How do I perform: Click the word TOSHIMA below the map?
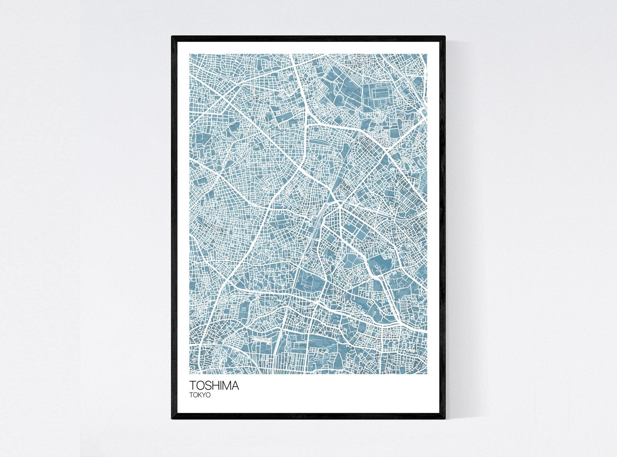pyautogui.click(x=214, y=385)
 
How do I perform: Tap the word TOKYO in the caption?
pyautogui.click(x=200, y=395)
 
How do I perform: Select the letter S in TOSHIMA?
pyautogui.click(x=209, y=385)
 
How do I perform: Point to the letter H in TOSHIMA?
pyautogui.click(x=216, y=385)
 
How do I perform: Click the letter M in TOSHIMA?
pyautogui.click(x=227, y=385)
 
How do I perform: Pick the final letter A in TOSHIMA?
pyautogui.click(x=235, y=385)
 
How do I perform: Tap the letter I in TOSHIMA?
pyautogui.click(x=221, y=385)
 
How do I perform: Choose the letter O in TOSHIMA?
pyautogui.click(x=200, y=385)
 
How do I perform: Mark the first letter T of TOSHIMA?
pyautogui.click(x=193, y=385)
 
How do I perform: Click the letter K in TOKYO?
pyautogui.click(x=200, y=395)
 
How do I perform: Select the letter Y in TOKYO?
pyautogui.click(x=204, y=395)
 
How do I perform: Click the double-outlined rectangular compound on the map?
pyautogui.click(x=379, y=92)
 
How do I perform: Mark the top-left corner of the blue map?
pyautogui.click(x=190, y=54)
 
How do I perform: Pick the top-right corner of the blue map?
pyautogui.click(x=427, y=54)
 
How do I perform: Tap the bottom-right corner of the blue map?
pyautogui.click(x=427, y=374)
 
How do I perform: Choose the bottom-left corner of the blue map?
pyautogui.click(x=190, y=374)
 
